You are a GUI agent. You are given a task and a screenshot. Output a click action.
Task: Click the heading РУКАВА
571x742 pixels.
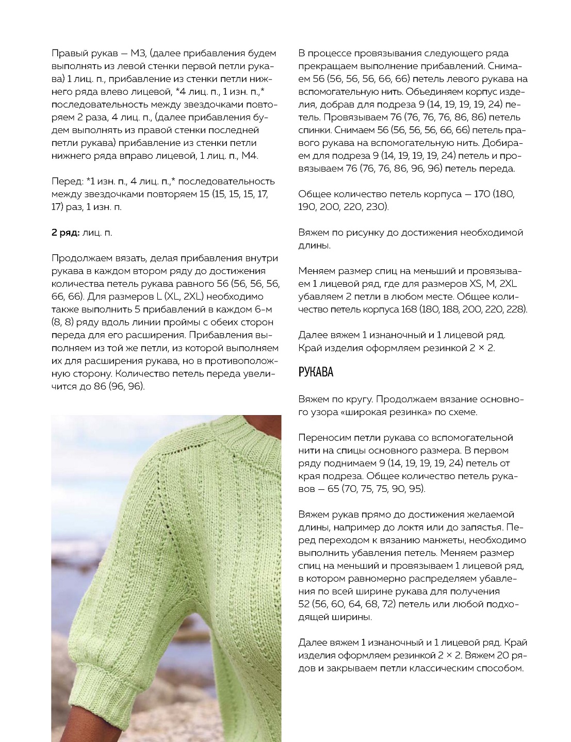coord(316,372)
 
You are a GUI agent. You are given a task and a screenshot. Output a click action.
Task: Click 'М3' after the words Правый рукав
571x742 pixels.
coord(139,53)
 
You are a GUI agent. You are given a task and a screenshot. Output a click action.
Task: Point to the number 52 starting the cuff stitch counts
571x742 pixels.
coord(304,604)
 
